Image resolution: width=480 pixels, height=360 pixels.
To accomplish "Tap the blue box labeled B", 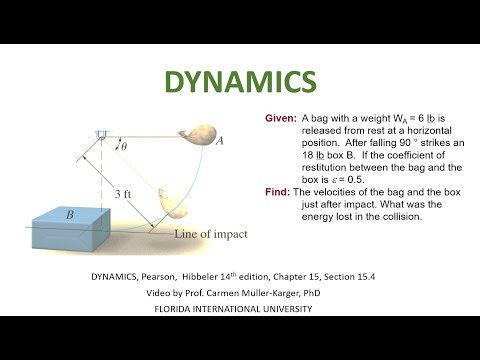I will [90, 225].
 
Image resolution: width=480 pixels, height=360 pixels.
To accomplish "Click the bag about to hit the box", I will [177, 208].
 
